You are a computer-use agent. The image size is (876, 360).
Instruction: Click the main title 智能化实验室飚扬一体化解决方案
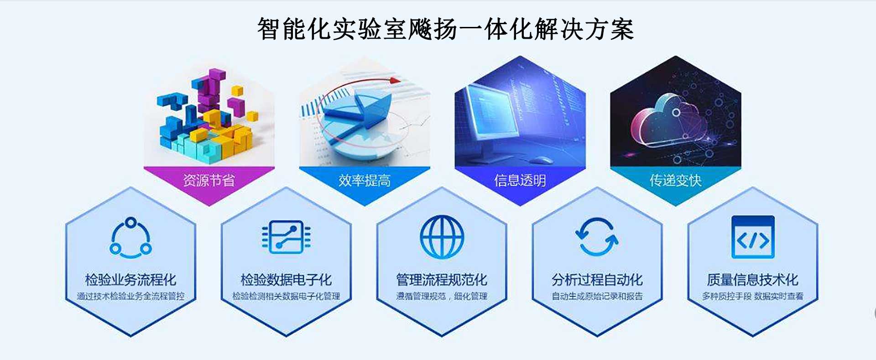point(445,30)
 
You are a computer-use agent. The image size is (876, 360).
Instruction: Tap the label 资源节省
point(209,181)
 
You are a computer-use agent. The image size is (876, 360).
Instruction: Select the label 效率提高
point(365,181)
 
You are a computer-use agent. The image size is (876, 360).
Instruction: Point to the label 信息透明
point(520,181)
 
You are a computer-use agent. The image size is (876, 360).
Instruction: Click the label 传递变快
point(676,181)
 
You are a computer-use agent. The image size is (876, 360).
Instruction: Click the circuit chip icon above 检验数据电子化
point(286,237)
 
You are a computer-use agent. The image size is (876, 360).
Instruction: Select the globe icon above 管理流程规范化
point(442,237)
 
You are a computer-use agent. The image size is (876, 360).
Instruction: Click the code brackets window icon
point(753,237)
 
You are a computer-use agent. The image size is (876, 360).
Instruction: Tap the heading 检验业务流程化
point(130,280)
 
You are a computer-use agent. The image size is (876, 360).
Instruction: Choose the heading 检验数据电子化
point(286,280)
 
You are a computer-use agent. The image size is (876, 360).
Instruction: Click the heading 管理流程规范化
point(442,280)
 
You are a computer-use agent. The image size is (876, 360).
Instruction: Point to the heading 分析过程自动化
point(597,280)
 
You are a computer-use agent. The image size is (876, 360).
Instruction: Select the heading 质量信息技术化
point(753,280)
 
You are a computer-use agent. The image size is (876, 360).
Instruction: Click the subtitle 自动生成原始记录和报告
point(597,297)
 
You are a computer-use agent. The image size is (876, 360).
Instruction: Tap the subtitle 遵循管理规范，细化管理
point(442,297)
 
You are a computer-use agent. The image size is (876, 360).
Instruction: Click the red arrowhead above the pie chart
point(395,81)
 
